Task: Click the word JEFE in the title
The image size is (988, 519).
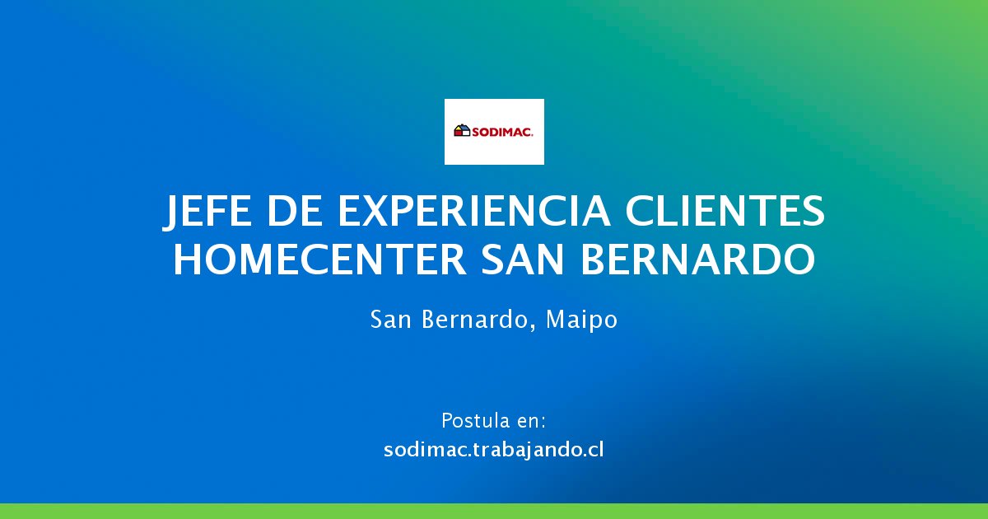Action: pos(207,213)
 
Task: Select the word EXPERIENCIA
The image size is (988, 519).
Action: pos(474,211)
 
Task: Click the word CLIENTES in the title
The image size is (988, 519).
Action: pos(725,211)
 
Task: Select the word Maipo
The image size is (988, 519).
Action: pos(582,320)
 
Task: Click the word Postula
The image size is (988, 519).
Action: pos(473,421)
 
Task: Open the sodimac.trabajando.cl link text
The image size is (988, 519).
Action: pos(493,450)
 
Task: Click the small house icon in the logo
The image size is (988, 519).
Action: pos(462,130)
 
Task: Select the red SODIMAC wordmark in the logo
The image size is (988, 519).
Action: pos(502,132)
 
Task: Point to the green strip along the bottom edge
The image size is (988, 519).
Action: pos(494,511)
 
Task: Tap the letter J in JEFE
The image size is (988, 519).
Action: pos(170,213)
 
